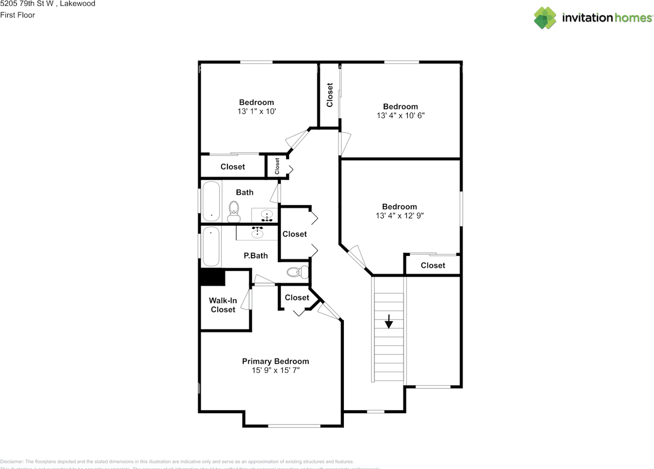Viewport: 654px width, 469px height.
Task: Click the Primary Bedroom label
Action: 275,361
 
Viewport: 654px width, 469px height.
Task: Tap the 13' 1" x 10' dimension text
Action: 256,111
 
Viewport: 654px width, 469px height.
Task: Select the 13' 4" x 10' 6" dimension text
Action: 401,115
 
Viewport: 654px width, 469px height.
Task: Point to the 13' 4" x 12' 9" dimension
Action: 400,216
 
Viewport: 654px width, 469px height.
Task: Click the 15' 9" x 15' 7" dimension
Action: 275,370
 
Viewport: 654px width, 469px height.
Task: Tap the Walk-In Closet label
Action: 223,305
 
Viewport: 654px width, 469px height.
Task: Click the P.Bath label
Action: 255,255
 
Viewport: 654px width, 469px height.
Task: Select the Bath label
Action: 245,192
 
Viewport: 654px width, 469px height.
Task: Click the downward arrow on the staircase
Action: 389,322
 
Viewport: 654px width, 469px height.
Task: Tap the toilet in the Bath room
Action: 234,211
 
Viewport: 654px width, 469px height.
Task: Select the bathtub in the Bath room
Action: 211,202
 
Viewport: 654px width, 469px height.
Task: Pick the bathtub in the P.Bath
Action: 211,247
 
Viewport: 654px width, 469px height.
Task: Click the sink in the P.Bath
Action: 258,233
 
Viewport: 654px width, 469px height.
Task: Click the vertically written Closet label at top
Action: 330,95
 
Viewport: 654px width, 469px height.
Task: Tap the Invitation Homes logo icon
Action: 545,18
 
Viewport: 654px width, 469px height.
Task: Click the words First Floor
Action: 18,15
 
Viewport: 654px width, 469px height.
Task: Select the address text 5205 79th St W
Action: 25,4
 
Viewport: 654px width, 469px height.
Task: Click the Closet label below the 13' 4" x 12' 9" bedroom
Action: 433,265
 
